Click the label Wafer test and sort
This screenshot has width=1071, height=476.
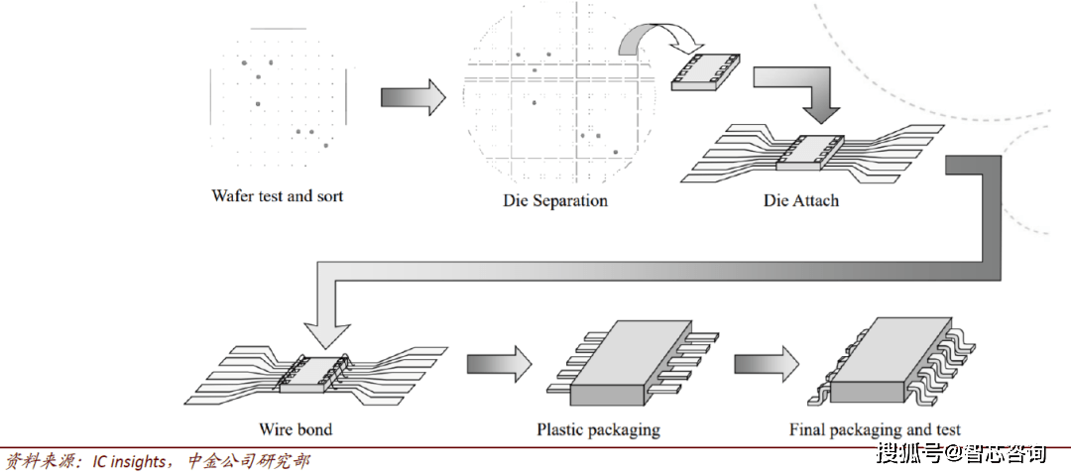[x=277, y=196]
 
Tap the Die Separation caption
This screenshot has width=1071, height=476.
[x=554, y=200]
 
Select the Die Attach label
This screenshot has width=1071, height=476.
[x=800, y=200]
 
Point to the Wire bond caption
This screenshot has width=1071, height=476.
[x=296, y=429]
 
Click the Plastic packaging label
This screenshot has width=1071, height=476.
[x=598, y=429]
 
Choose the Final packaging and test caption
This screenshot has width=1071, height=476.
[x=875, y=429]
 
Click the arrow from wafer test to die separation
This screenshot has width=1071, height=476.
[x=414, y=97]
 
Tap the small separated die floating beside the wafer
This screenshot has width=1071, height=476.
[x=706, y=70]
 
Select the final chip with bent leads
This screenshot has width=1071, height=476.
[x=894, y=362]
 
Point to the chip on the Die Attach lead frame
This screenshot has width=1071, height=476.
[x=811, y=152]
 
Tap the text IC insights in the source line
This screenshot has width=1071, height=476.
[x=130, y=462]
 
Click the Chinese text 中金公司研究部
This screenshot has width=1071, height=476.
[x=249, y=462]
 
